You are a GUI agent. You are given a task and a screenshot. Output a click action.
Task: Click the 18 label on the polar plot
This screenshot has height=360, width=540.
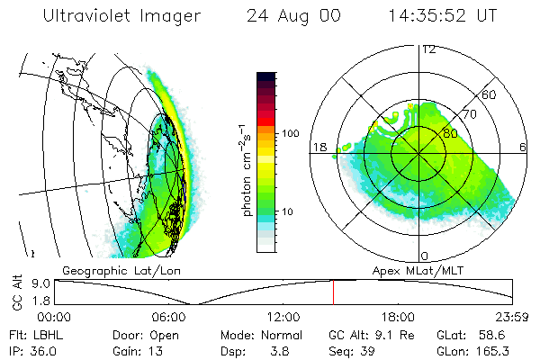318,147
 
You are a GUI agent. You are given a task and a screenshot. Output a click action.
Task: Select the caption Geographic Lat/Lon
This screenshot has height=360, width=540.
106,270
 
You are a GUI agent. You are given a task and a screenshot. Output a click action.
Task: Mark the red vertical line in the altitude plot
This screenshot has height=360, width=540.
333,292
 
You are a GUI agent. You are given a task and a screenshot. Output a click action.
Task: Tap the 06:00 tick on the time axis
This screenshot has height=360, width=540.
169,317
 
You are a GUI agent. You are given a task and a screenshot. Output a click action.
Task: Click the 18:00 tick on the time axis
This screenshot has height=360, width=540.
398,317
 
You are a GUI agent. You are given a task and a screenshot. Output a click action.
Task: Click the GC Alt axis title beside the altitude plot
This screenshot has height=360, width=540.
17,292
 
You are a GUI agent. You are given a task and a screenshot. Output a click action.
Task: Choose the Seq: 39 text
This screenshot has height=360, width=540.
350,349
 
